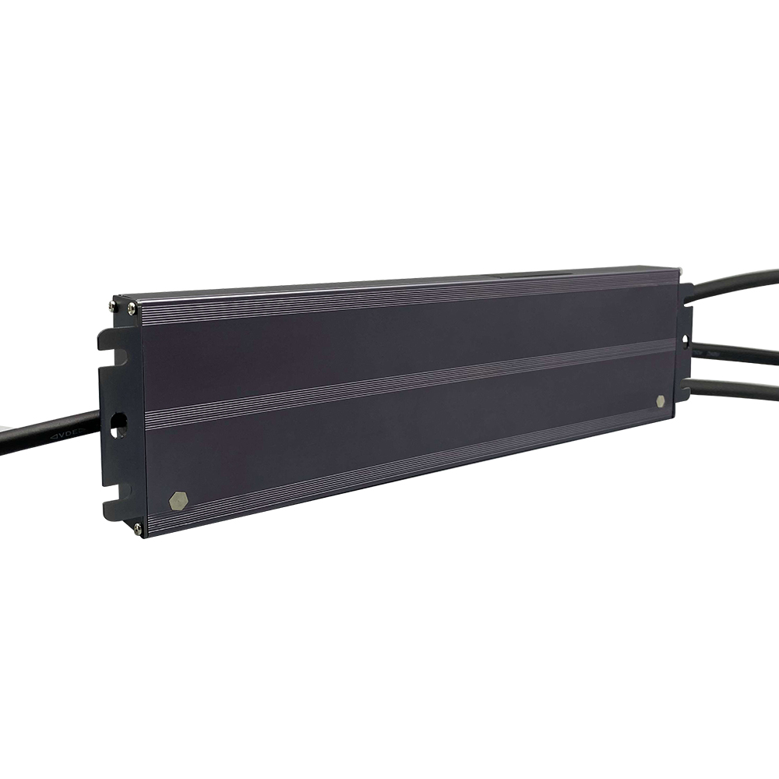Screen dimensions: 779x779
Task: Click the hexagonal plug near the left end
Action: (178, 501)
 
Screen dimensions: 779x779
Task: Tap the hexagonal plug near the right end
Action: (661, 400)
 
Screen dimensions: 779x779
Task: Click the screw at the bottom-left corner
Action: (138, 529)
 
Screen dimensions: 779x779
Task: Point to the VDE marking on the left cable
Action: (69, 434)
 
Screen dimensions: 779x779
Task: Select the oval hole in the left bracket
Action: (119, 425)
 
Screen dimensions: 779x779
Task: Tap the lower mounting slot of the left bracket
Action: (115, 493)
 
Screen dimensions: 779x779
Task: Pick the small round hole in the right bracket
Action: (686, 340)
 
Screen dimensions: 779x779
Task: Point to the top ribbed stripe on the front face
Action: (405, 300)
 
